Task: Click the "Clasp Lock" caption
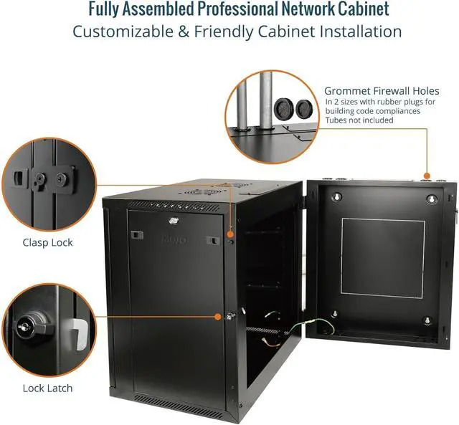tap(47, 242)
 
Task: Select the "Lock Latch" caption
tap(47, 388)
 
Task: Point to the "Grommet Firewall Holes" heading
tap(382, 91)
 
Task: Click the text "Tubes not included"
tap(359, 120)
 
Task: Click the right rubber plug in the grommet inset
tap(304, 109)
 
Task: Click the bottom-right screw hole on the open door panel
tap(427, 320)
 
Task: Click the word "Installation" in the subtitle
tap(357, 32)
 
